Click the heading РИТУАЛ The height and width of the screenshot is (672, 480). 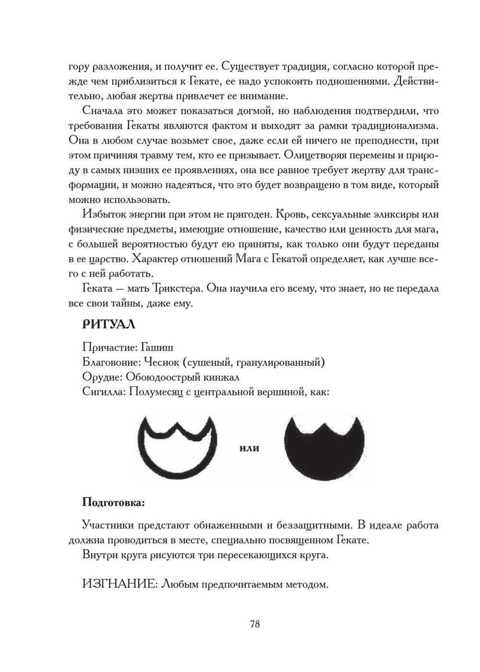109,324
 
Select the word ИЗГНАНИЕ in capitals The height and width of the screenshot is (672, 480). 120,584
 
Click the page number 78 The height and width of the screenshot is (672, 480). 255,624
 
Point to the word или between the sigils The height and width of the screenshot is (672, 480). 249,448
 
